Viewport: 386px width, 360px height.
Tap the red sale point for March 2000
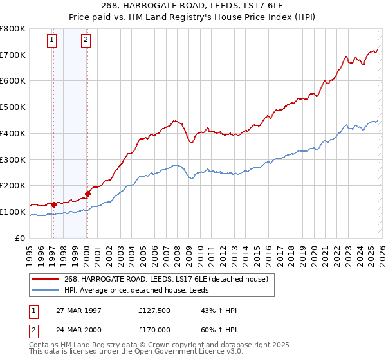(x=87, y=193)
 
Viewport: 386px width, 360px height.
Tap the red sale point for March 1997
(x=53, y=204)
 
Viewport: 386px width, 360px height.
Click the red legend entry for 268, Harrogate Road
(x=161, y=278)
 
